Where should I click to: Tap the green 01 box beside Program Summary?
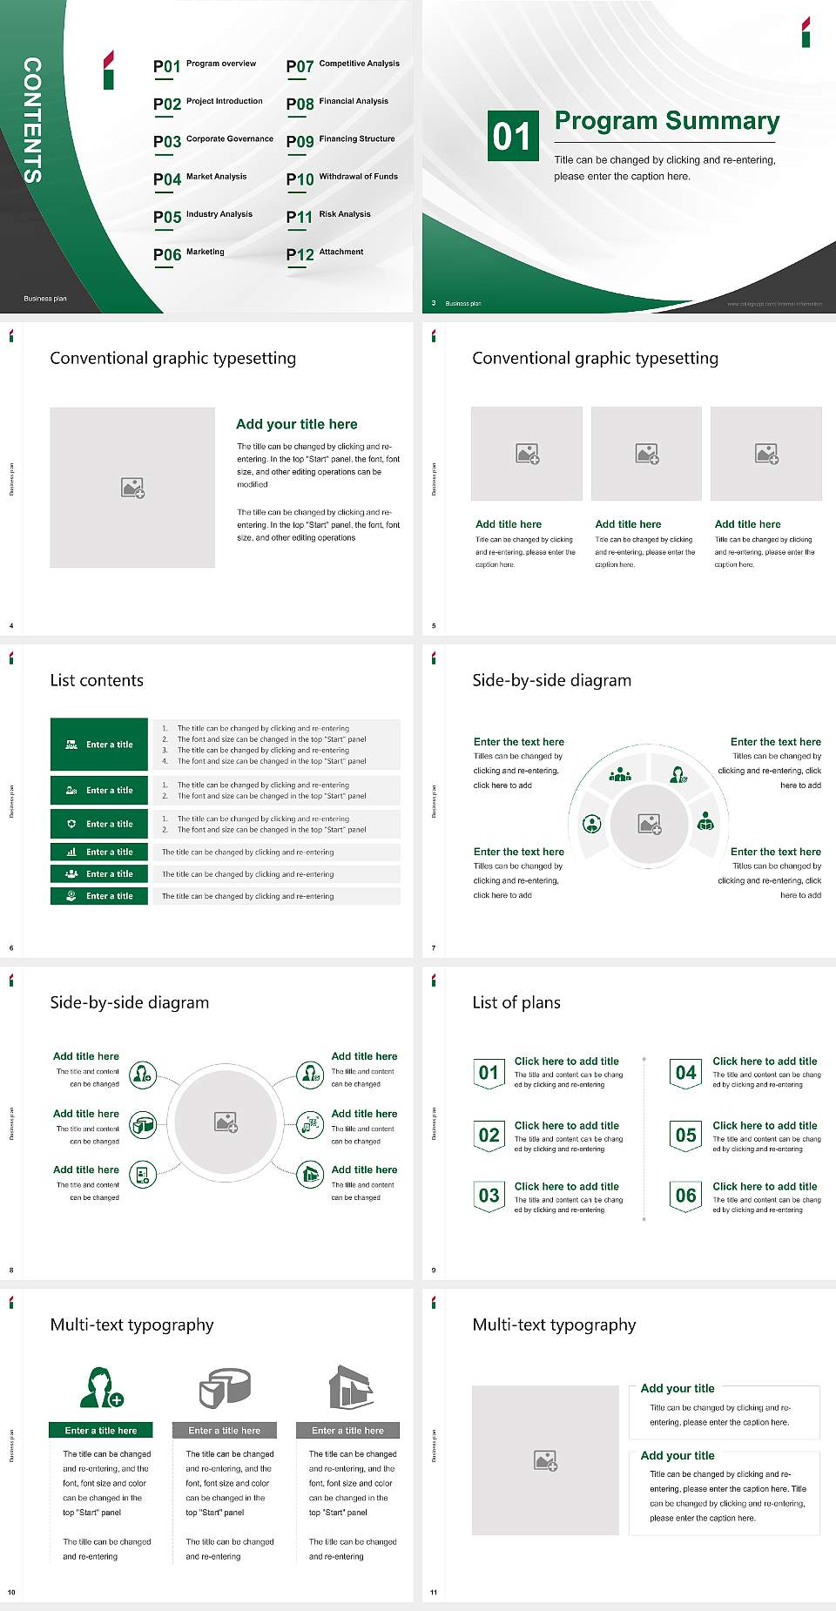512,136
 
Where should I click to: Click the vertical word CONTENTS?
32,120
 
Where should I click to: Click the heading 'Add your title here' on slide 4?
296,424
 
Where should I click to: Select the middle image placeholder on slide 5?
646,454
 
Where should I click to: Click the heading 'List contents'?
97,680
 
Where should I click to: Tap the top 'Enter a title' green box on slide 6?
99,745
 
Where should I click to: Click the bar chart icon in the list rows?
71,852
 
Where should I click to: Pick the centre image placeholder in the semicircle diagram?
650,823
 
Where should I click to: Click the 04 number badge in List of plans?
686,1073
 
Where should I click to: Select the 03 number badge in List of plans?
489,1196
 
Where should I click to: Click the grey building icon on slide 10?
351,1387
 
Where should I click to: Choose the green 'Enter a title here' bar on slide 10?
101,1430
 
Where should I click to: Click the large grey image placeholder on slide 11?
545,1460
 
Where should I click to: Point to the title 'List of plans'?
516,1002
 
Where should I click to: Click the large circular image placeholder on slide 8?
226,1122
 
